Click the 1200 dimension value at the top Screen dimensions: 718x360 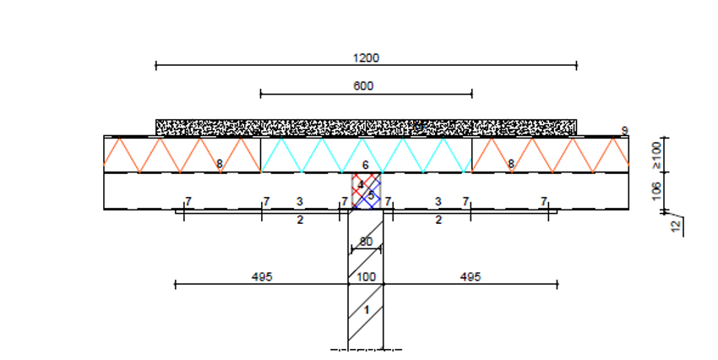pyautogui.click(x=366, y=58)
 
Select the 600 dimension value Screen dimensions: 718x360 pyautogui.click(x=363, y=86)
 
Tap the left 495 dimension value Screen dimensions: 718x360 pyautogui.click(x=262, y=277)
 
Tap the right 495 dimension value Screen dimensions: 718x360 pyautogui.click(x=471, y=277)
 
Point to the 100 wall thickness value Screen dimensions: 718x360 pyautogui.click(x=366, y=277)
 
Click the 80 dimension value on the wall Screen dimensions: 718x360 pyautogui.click(x=366, y=242)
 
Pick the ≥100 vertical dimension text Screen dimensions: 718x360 pyautogui.click(x=656, y=155)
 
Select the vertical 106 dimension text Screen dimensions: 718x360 pyautogui.click(x=656, y=191)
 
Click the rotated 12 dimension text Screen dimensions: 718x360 pyautogui.click(x=676, y=226)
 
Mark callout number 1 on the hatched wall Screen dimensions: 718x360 pyautogui.click(x=367, y=310)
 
